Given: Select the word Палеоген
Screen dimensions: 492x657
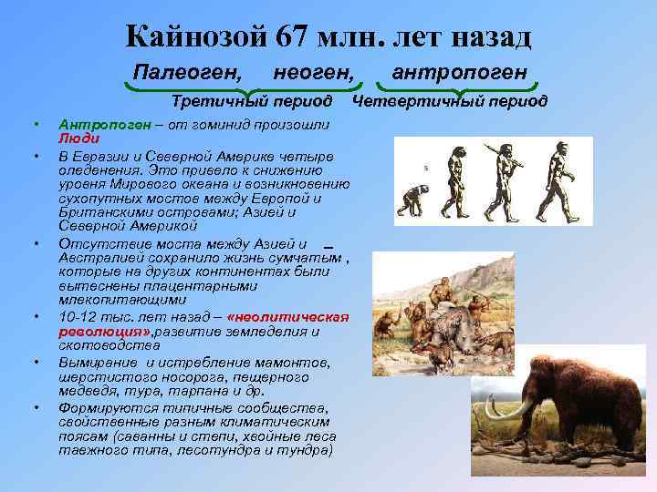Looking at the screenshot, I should pyautogui.click(x=188, y=71).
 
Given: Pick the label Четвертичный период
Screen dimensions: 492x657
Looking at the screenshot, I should pyautogui.click(x=450, y=100).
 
